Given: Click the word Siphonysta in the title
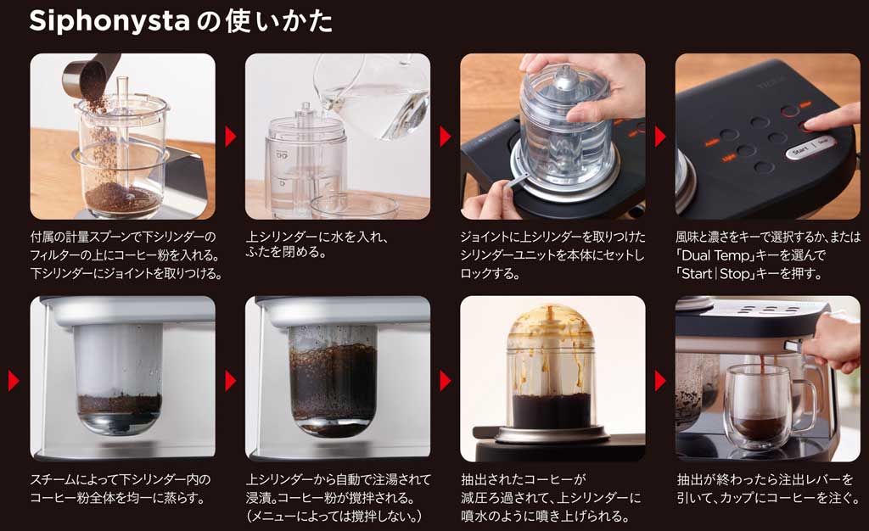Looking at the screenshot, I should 109,21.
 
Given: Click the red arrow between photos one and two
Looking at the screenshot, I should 230,137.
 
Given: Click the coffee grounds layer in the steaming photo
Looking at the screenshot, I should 119,402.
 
